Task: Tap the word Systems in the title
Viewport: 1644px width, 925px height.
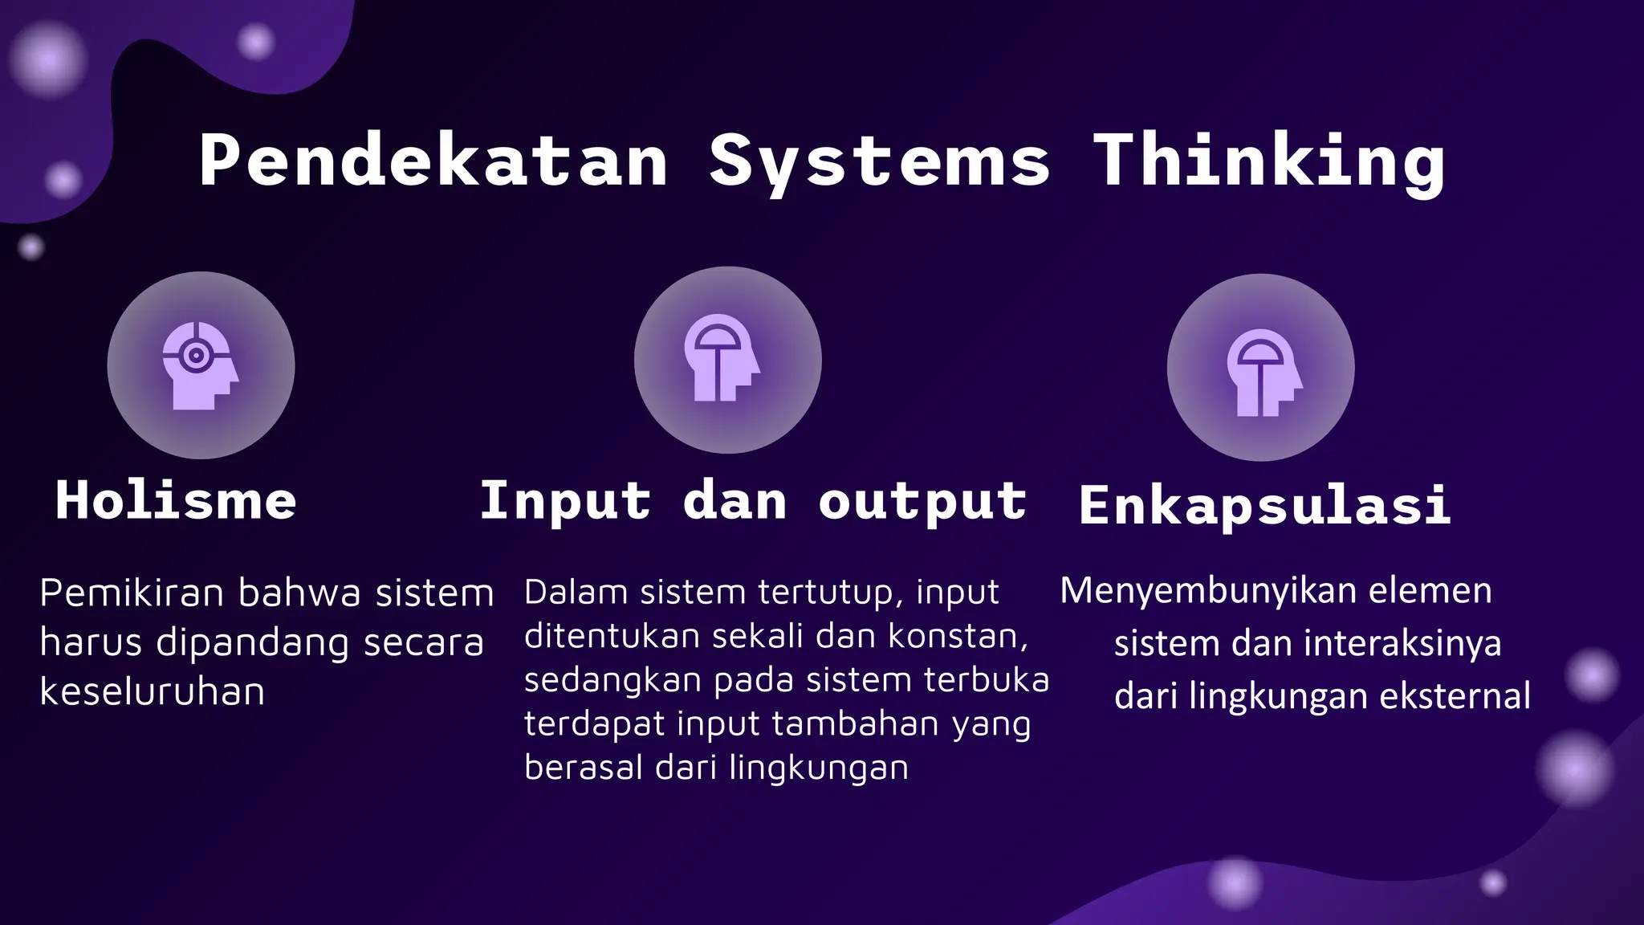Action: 880,162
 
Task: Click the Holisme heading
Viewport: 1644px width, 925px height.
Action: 176,500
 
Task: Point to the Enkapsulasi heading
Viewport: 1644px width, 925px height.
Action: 1265,505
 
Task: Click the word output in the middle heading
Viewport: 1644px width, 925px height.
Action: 922,502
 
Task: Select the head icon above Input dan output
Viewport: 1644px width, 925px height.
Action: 721,357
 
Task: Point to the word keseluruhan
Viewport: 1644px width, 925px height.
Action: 152,691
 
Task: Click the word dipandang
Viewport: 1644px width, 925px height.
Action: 252,643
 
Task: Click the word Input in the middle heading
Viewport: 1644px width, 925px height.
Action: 565,502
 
